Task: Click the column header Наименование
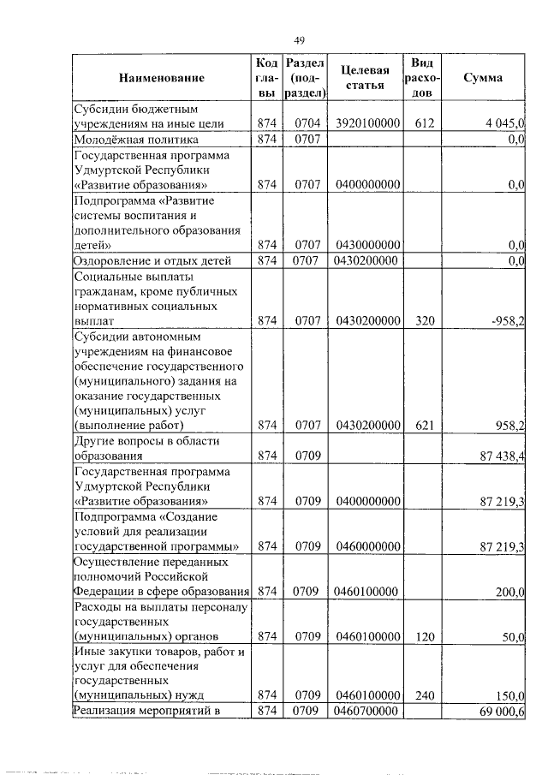pyautogui.click(x=162, y=79)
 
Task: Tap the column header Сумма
pyautogui.click(x=482, y=79)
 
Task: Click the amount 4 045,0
pyautogui.click(x=504, y=124)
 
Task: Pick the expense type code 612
pyautogui.click(x=425, y=124)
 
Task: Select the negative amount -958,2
pyautogui.click(x=506, y=322)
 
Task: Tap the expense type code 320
pyautogui.click(x=425, y=322)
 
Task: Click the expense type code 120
pyautogui.click(x=425, y=637)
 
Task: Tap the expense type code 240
pyautogui.click(x=425, y=696)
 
